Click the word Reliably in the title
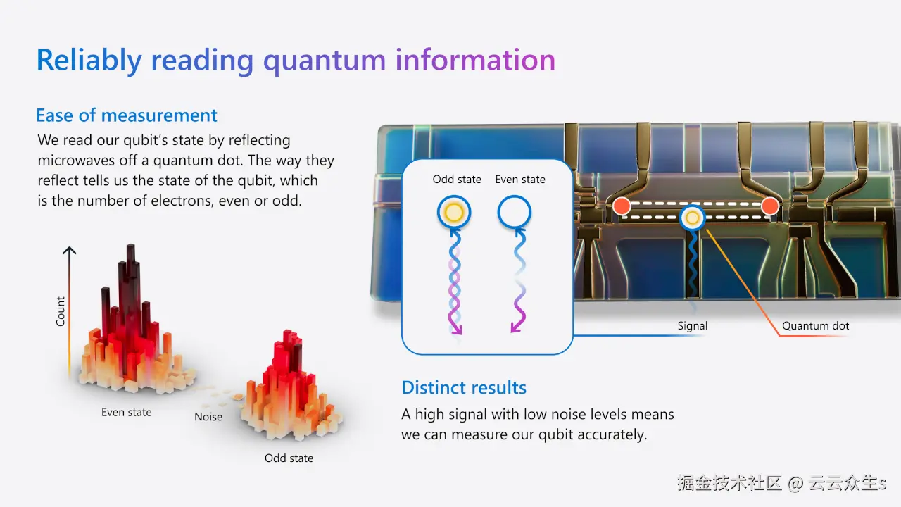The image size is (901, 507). click(x=89, y=61)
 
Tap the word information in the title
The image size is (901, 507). click(x=475, y=60)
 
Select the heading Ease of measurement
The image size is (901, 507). click(x=127, y=115)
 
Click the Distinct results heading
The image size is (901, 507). click(x=464, y=387)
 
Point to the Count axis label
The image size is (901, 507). click(x=61, y=311)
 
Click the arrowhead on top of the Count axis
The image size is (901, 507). click(x=69, y=251)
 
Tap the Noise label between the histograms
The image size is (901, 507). click(x=208, y=417)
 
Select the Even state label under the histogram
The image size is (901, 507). click(x=126, y=413)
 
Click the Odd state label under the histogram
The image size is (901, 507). click(x=289, y=458)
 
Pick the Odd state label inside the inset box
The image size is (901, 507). click(x=457, y=180)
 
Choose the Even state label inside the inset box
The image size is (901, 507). click(x=520, y=180)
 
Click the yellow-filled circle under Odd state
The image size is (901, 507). click(x=454, y=213)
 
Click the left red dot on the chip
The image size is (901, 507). click(x=622, y=206)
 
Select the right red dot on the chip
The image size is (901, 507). click(x=770, y=206)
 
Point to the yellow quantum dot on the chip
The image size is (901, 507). click(x=692, y=218)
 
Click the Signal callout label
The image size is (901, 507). click(x=692, y=326)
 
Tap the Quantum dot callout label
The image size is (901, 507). click(x=815, y=326)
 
